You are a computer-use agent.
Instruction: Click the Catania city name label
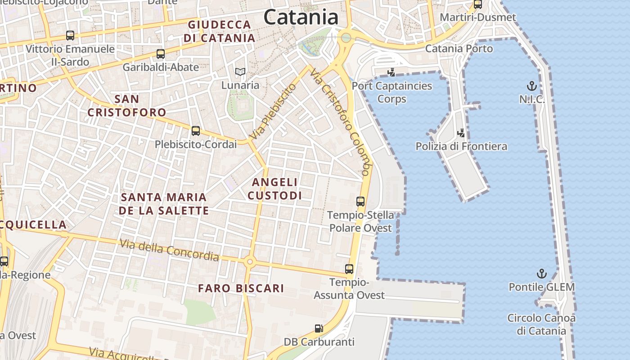tap(301, 17)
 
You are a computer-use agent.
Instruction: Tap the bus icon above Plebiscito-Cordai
tap(195, 131)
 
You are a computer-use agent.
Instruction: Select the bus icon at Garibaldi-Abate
tap(161, 54)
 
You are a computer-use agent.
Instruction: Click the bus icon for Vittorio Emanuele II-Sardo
tap(70, 35)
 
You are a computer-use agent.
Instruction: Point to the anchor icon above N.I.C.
tap(532, 85)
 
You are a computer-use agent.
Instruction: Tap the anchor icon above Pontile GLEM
tap(542, 274)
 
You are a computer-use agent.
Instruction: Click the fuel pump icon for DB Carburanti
tap(319, 329)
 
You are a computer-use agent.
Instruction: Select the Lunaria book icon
tap(240, 72)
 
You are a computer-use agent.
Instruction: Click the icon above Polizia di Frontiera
tap(461, 133)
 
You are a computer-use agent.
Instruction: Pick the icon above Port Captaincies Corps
tap(391, 72)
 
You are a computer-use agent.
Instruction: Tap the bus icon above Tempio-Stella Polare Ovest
tap(360, 202)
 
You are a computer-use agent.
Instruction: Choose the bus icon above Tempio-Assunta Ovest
tap(349, 269)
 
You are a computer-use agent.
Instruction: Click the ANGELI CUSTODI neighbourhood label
tap(274, 189)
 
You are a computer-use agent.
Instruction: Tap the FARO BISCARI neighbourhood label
tap(241, 288)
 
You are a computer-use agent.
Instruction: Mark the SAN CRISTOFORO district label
tap(126, 105)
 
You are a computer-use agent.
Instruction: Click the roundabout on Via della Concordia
tap(250, 261)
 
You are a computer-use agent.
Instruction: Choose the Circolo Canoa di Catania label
tap(541, 324)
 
